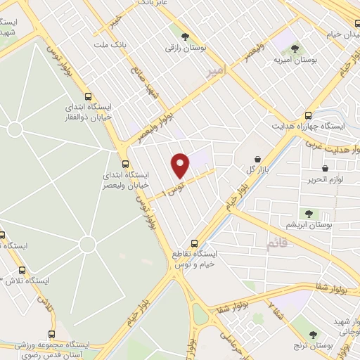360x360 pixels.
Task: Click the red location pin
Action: tap(181, 165)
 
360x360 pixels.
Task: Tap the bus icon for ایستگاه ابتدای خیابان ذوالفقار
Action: tap(87, 97)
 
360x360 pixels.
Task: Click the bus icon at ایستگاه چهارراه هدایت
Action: tap(308, 115)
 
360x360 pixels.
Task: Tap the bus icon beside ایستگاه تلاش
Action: tap(22, 269)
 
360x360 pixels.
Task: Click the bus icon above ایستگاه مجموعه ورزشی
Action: tap(51, 335)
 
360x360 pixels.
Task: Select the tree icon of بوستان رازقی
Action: tap(185, 37)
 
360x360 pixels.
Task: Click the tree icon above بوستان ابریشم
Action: tap(308, 213)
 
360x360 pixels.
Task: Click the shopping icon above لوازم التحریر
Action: tap(325, 168)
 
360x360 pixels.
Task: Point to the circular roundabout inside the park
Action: tap(87, 245)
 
